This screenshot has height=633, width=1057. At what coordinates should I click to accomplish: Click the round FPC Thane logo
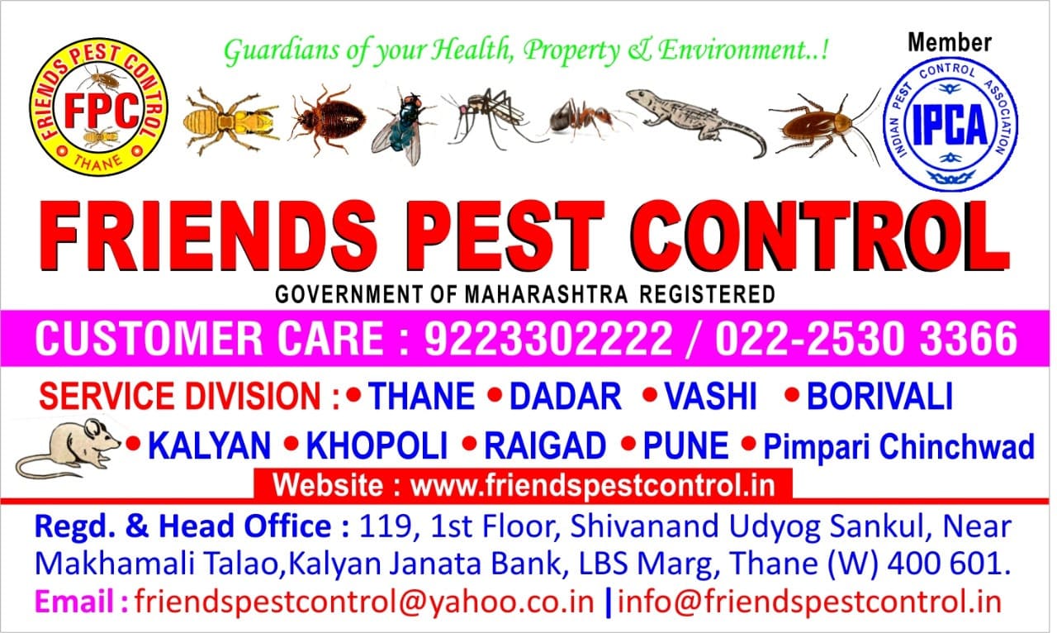click(98, 107)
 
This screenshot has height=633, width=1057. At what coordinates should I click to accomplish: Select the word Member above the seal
click(950, 42)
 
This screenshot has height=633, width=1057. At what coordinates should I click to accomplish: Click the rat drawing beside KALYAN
click(69, 447)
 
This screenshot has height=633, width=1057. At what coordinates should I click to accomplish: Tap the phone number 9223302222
click(547, 340)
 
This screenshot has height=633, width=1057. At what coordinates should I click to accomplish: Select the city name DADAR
click(565, 397)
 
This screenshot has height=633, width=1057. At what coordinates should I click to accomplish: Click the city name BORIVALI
click(879, 397)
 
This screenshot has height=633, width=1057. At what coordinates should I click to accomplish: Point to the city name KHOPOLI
click(377, 447)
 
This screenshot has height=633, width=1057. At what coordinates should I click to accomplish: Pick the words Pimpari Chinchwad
click(898, 447)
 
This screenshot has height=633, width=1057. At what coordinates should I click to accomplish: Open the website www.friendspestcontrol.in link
click(593, 484)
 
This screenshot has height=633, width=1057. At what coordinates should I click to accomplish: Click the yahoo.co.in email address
click(364, 601)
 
